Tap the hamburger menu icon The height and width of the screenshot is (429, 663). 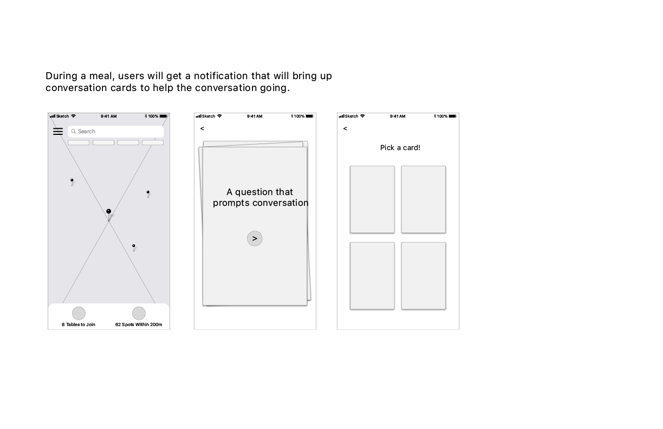coord(58,131)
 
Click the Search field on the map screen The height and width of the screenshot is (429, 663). coord(116,132)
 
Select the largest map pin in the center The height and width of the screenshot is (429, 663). coord(109,214)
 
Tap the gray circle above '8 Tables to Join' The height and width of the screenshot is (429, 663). coord(79,313)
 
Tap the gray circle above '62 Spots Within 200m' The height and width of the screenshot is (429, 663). coord(139,313)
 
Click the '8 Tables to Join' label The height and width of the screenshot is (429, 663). coord(79,324)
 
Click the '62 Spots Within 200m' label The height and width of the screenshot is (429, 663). coord(139,324)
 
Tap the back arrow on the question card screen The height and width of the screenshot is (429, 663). coord(202,128)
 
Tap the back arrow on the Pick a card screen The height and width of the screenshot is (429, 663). coord(345,128)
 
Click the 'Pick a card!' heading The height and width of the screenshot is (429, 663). coord(400,148)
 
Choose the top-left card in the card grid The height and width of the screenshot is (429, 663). coord(372,199)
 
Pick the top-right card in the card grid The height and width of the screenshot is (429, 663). coord(424,199)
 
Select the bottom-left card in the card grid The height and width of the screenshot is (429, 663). coord(372,276)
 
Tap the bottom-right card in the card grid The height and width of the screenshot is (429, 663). coord(424,276)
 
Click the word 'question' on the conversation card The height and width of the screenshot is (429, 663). coord(254,192)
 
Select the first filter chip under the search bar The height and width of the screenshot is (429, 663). coord(79,142)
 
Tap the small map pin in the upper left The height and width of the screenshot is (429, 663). coord(72,182)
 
